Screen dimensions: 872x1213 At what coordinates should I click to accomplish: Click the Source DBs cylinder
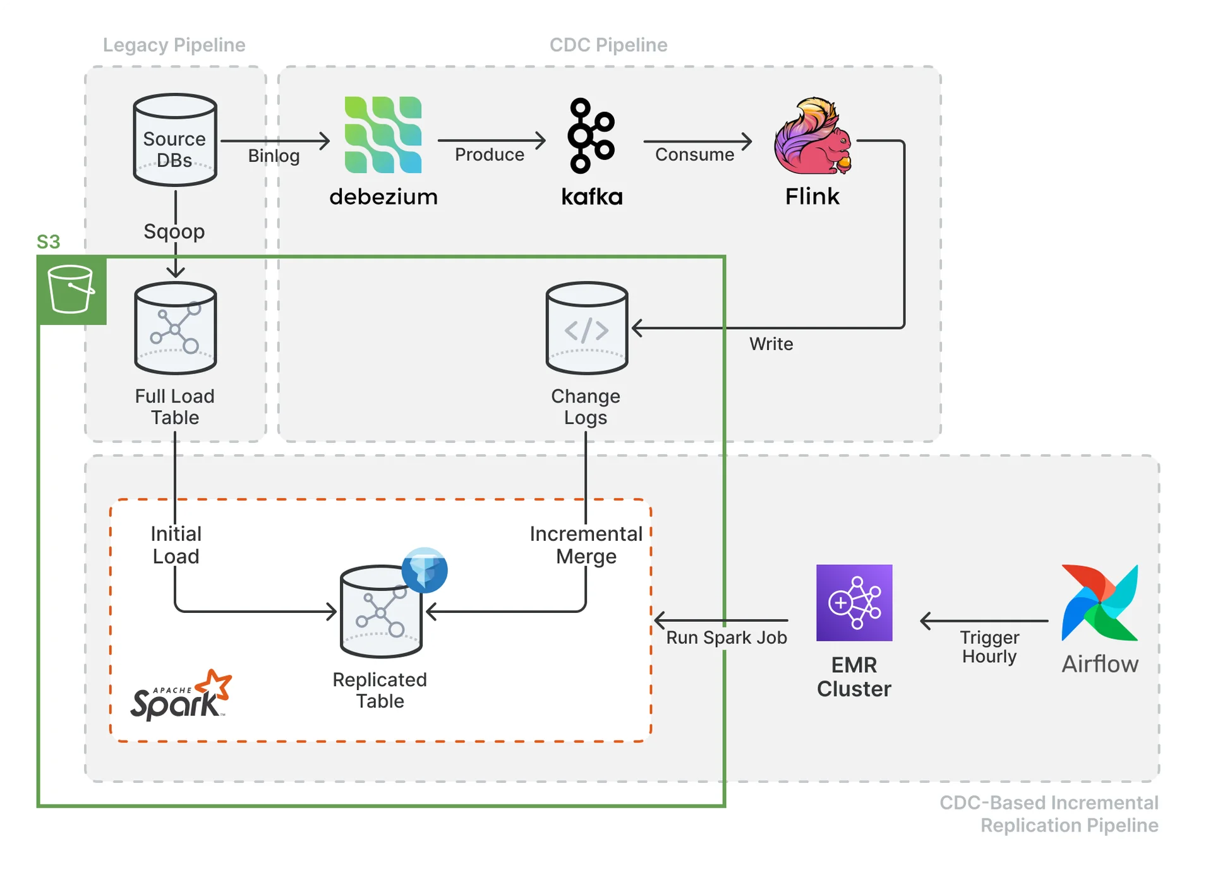(x=175, y=140)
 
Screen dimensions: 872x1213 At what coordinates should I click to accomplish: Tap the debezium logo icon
(x=383, y=135)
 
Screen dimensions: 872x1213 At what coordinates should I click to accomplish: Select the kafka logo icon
(x=591, y=135)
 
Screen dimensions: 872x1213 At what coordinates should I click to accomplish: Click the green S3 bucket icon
(x=71, y=290)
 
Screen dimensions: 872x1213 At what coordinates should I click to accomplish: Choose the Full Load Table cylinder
(x=176, y=328)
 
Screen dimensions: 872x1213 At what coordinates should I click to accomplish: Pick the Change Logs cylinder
(x=587, y=328)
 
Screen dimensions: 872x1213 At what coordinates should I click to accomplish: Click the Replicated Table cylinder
(x=380, y=612)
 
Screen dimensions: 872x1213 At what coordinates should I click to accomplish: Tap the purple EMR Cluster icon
(x=854, y=603)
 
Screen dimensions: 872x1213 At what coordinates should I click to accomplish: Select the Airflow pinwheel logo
(x=1100, y=603)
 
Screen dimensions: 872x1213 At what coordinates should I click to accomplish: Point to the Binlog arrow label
(x=274, y=155)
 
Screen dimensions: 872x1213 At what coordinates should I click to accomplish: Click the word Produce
(x=490, y=155)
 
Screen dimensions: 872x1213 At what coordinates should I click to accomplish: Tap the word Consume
(x=694, y=155)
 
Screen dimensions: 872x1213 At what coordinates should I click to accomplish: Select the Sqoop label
(x=174, y=231)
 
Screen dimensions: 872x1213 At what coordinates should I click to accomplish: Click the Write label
(x=771, y=344)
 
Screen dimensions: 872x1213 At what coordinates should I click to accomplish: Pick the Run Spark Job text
(x=727, y=638)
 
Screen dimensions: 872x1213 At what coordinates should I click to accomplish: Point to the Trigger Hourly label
(x=989, y=646)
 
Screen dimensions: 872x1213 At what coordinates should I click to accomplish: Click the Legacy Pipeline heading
(x=174, y=45)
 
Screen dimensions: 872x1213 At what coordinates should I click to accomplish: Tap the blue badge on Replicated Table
(x=425, y=570)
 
